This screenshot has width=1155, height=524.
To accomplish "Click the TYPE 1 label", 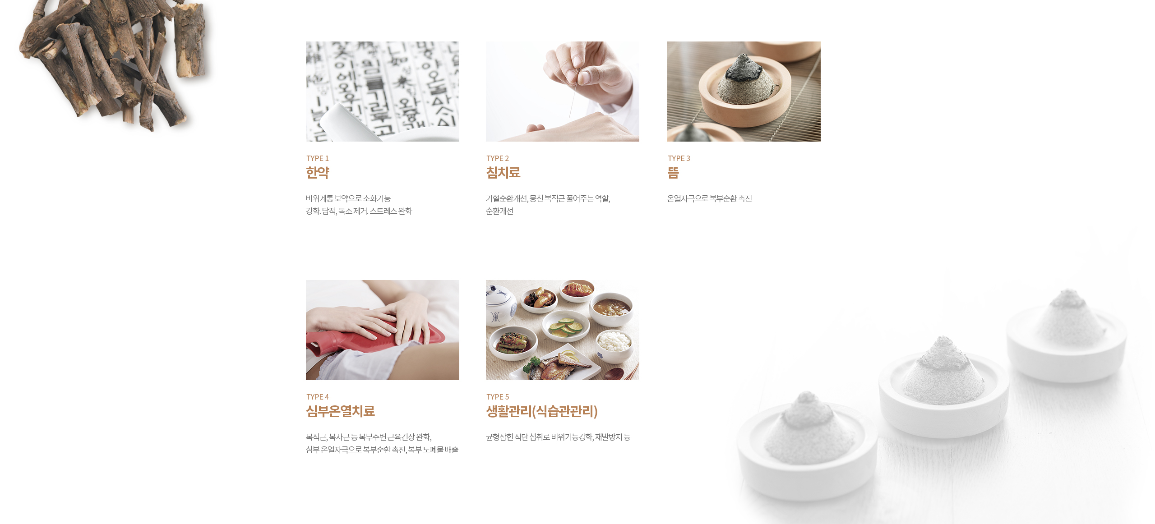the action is (318, 158).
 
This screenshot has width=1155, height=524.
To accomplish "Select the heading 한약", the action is (318, 172).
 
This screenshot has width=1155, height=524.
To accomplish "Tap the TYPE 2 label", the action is (498, 158).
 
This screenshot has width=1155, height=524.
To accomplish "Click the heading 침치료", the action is (503, 172).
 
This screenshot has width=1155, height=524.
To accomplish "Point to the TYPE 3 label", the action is (679, 158).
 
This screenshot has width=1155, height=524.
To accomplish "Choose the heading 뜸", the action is (673, 172).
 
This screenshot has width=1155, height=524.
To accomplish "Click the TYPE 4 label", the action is (318, 397).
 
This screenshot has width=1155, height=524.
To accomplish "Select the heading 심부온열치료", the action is (341, 411).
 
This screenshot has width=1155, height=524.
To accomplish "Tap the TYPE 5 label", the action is (498, 397).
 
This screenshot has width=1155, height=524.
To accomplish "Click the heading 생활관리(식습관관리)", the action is (542, 411).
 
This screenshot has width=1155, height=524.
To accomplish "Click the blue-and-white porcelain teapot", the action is (499, 307).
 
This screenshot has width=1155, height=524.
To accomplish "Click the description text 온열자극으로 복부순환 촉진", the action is (709, 198).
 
